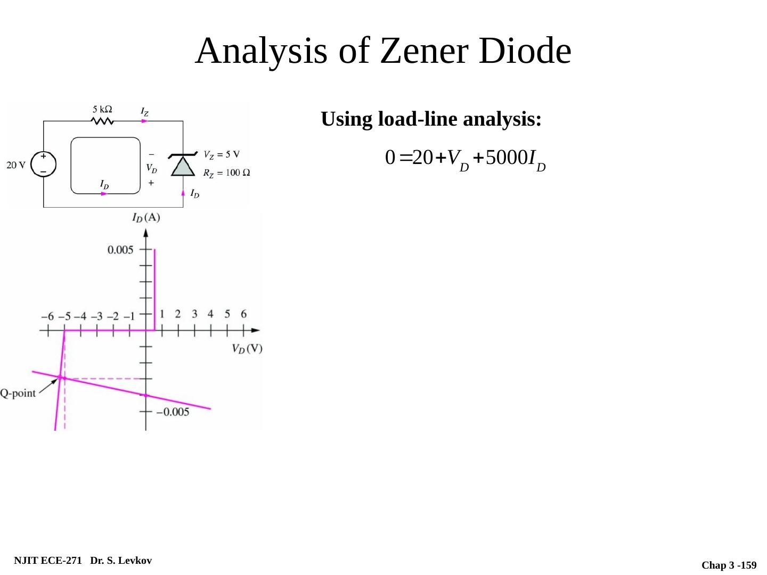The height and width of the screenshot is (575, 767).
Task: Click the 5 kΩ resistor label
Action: point(102,109)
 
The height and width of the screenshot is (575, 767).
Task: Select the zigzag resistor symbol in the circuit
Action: point(103,121)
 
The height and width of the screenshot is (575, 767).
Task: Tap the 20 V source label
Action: point(16,165)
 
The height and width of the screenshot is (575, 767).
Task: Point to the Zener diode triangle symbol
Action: point(183,166)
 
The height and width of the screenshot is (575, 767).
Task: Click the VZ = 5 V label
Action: point(222,155)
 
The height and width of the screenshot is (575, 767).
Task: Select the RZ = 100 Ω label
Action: point(227,172)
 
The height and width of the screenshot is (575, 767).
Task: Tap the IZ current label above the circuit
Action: point(144,111)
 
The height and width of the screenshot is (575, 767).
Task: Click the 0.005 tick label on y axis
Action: point(120,250)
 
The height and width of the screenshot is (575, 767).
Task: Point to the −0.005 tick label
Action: point(172,412)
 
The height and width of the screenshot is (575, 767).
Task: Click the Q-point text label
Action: point(18,393)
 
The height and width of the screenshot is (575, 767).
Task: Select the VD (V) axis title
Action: point(247,349)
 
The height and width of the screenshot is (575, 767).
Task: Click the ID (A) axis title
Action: point(146,217)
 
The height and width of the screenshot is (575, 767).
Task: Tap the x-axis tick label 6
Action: point(244,314)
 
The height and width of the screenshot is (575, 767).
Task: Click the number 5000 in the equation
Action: point(504,158)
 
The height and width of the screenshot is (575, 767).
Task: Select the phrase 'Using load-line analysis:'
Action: point(431,119)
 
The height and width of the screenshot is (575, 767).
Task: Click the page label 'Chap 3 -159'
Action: point(729,565)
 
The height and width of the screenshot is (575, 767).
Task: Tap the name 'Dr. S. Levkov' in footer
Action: point(121,561)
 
